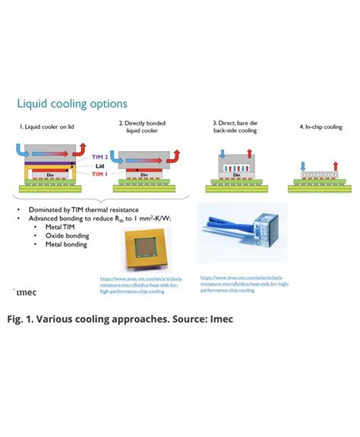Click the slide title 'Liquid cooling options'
(72, 104)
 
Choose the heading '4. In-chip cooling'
(320, 127)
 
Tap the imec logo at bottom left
(25, 291)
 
